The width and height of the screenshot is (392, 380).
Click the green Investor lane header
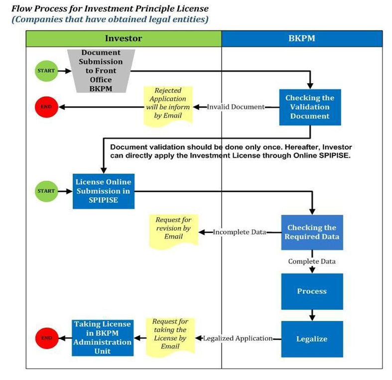[x=124, y=38]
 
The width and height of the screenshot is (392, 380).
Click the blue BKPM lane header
[x=302, y=38]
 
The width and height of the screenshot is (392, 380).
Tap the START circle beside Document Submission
[x=46, y=71]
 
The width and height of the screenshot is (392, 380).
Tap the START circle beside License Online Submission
[x=46, y=191]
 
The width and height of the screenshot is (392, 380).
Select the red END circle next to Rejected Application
[x=46, y=107]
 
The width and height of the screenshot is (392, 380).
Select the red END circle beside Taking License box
[x=47, y=338]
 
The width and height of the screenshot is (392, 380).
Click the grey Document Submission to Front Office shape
[x=101, y=71]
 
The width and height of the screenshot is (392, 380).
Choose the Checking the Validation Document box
[x=310, y=107]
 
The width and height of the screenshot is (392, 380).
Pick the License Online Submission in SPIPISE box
[x=104, y=191]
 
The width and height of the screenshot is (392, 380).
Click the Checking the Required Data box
[x=312, y=232]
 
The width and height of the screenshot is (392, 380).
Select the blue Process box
[x=312, y=291]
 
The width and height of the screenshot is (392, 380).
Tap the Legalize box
[x=312, y=339]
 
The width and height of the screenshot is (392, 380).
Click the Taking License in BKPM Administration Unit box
[x=103, y=338]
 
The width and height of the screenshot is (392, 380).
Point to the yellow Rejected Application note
[x=168, y=106]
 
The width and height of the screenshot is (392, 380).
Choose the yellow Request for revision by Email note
[x=174, y=231]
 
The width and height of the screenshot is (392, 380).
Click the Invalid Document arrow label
[x=236, y=107]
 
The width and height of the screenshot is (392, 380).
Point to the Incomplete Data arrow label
[x=240, y=232]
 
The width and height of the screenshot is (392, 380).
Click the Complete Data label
[x=312, y=261]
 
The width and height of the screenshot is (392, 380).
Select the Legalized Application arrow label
[x=238, y=339]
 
